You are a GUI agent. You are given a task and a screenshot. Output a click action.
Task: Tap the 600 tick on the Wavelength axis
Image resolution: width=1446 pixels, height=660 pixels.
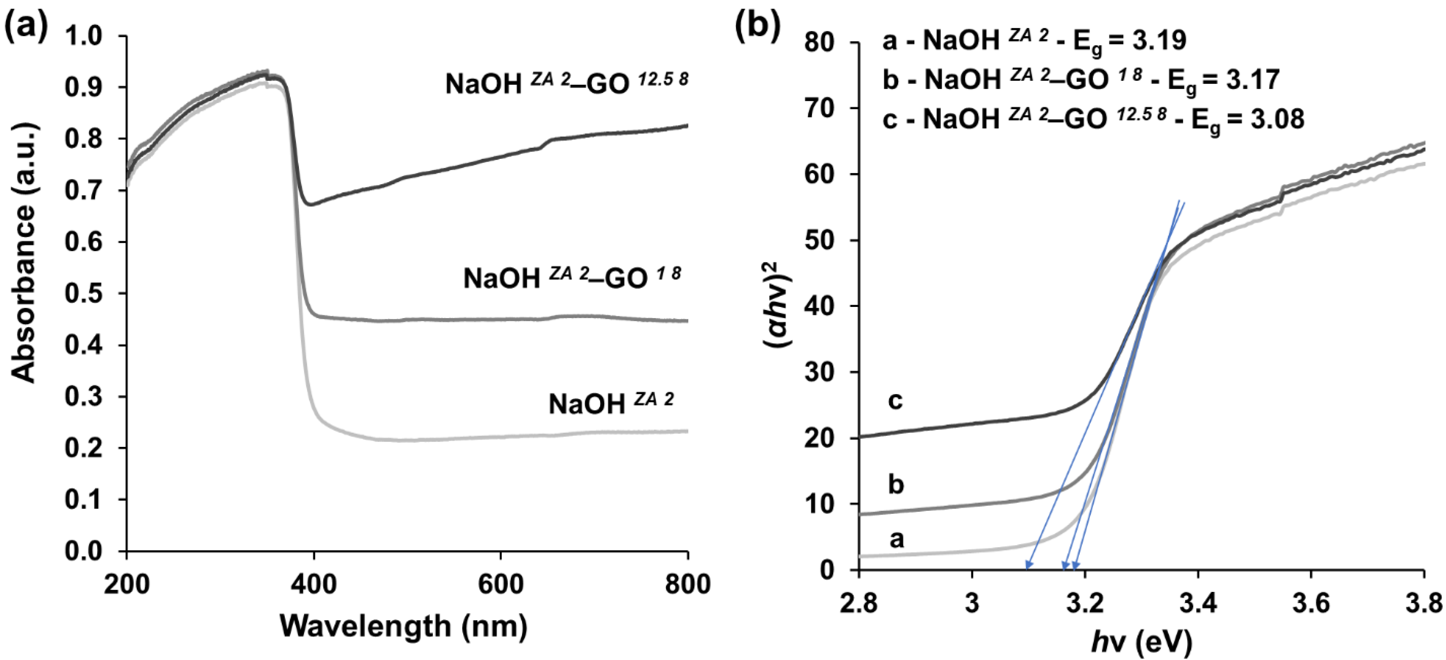tap(500, 584)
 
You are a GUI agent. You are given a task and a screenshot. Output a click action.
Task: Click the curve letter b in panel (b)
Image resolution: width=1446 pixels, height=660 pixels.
tap(896, 484)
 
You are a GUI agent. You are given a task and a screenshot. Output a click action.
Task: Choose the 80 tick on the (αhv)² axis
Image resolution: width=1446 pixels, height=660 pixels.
tap(821, 42)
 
